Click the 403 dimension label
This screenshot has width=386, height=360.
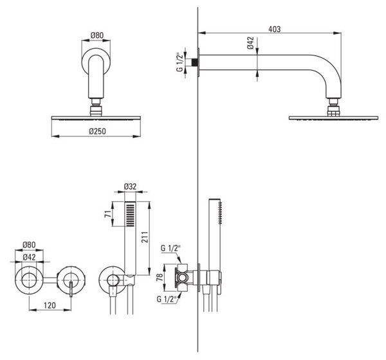274,30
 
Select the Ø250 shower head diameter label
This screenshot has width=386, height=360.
97,131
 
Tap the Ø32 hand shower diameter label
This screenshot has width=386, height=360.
130,186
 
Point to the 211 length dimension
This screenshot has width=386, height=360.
145,237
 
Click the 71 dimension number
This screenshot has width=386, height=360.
108,214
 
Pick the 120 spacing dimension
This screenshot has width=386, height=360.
50,305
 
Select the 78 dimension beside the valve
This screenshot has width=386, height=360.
160,277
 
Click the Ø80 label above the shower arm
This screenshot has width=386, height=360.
97,35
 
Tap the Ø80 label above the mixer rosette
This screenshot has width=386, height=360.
29,245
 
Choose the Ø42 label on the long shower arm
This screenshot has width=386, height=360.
251,43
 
